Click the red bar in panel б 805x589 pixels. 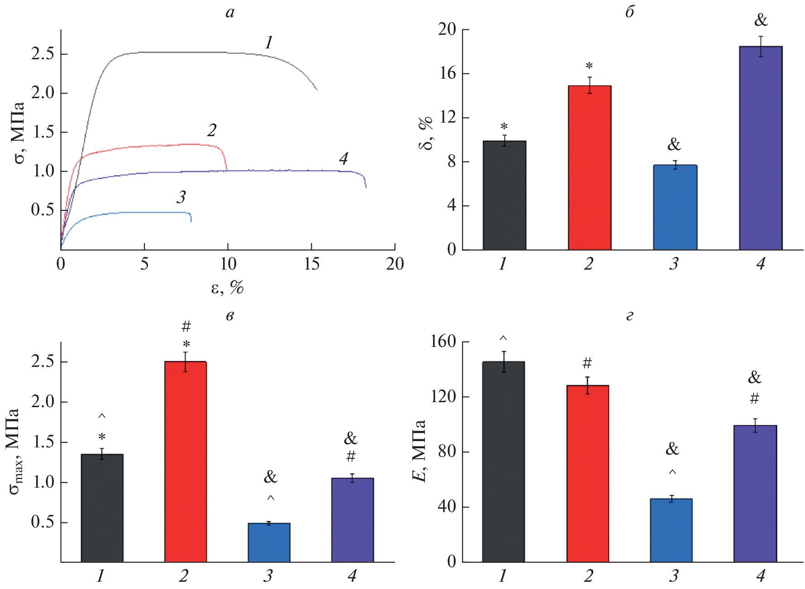click(590, 167)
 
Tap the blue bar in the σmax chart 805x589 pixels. click(269, 542)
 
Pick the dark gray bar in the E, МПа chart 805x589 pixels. click(503, 461)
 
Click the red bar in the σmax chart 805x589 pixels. click(186, 461)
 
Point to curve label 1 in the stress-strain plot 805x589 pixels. click(269, 43)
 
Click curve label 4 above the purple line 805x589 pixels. click(343, 158)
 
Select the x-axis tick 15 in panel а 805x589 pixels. click(311, 264)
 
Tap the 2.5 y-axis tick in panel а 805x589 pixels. click(43, 54)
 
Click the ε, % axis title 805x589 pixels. click(227, 287)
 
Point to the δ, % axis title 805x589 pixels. click(426, 133)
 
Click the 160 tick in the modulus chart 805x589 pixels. click(443, 342)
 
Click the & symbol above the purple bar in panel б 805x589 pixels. click(761, 20)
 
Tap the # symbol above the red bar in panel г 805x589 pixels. click(587, 363)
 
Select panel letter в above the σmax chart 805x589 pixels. click(230, 316)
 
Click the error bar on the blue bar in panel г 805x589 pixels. click(672, 499)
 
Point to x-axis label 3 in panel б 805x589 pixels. click(674, 263)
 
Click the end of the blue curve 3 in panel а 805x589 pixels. click(191, 221)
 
